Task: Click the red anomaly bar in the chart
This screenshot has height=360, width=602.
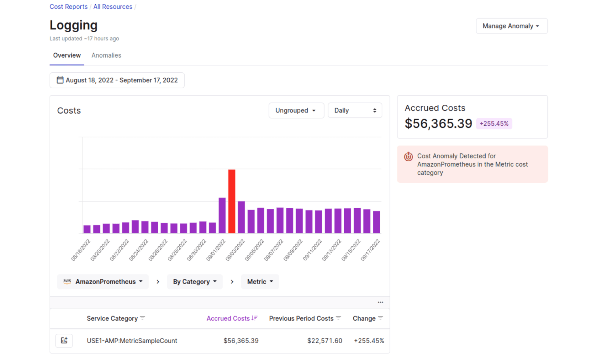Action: pos(231,201)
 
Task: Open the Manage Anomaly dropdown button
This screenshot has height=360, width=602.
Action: pos(511,26)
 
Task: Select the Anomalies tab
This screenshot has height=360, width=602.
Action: pos(106,55)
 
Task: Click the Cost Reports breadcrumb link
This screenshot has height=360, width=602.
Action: pos(68,7)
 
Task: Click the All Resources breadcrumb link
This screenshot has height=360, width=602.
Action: pos(113,7)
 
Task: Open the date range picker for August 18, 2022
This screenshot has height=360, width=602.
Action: pos(117,80)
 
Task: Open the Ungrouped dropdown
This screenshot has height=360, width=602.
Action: pos(296,110)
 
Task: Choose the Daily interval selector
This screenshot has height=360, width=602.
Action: pos(354,110)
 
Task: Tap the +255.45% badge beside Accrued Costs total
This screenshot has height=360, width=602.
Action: pos(494,123)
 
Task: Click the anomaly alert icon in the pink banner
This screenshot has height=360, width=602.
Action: pos(408,156)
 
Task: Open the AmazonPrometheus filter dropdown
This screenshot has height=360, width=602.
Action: pos(103,281)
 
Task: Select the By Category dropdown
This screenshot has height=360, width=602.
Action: pos(194,281)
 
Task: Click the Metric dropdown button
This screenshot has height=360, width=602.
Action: pos(260,281)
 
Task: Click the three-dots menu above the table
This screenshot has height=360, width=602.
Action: pos(380,302)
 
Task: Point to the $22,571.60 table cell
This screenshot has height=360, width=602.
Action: pos(325,341)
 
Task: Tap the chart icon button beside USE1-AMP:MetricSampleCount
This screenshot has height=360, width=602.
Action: pos(64,341)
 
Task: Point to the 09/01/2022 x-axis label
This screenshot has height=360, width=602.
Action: pos(216,250)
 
